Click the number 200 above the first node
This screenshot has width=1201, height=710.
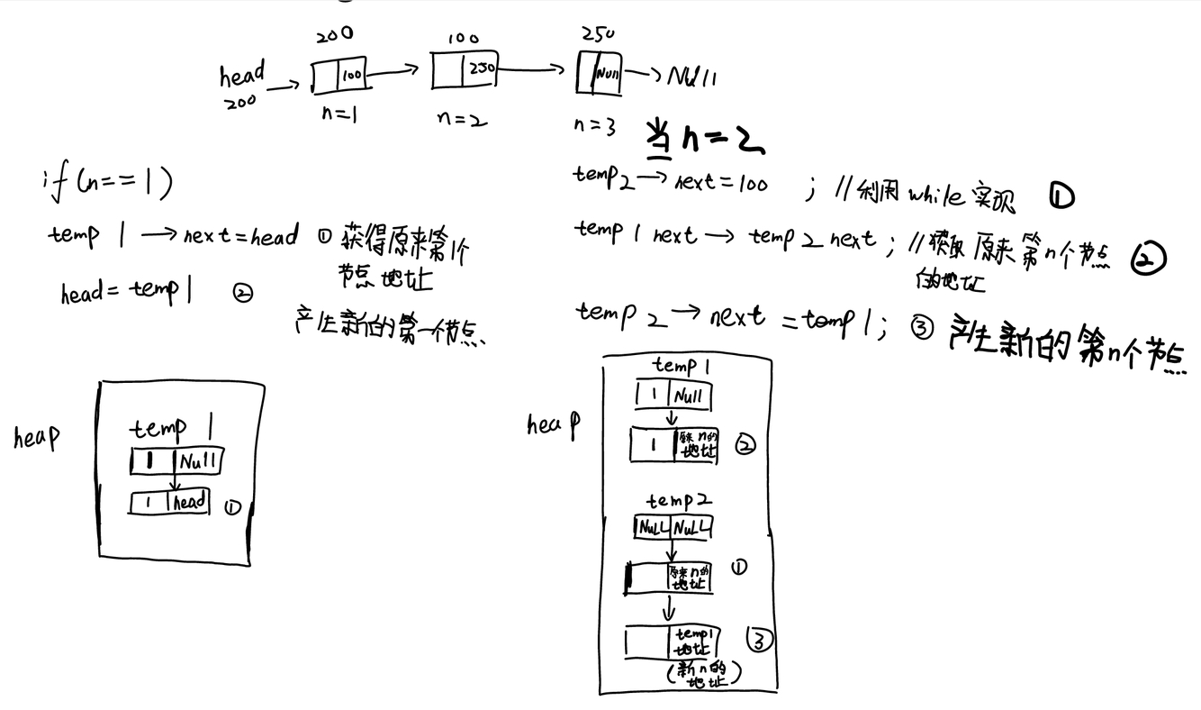pos(334,35)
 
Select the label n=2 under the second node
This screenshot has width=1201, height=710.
pos(461,117)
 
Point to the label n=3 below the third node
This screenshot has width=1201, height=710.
pos(593,126)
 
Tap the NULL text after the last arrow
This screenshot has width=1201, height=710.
pos(694,76)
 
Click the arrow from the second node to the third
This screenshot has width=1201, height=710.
pos(537,68)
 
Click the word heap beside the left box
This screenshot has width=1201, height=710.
pos(37,438)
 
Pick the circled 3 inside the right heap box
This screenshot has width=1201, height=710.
pos(760,641)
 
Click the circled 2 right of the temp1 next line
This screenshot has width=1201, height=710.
pos(1149,258)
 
